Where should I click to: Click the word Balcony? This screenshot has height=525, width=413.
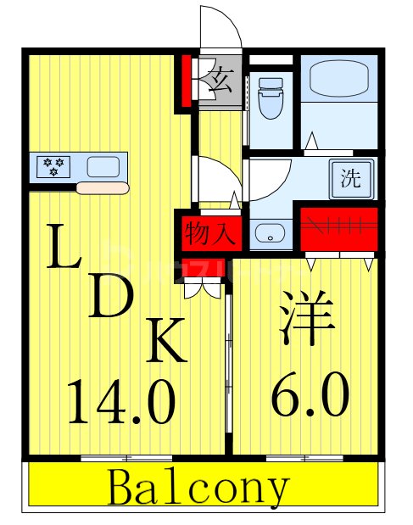tap(199, 489)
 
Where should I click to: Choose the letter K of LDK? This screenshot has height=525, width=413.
tap(166, 343)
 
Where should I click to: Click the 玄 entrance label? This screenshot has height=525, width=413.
tap(221, 82)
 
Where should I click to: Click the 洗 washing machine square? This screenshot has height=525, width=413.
tap(349, 180)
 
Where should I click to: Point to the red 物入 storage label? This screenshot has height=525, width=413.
tap(209, 232)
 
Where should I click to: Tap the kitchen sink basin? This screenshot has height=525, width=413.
tap(103, 166)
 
